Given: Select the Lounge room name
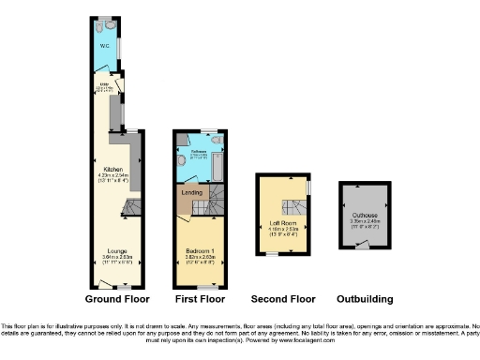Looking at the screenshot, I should [118, 252].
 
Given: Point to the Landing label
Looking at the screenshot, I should [191, 195].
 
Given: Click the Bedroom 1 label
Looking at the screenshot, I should [200, 252].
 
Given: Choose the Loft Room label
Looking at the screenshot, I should [282, 223].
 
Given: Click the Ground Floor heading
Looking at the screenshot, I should [117, 299].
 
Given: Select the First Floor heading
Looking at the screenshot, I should [200, 299].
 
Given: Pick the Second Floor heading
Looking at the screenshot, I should [282, 299].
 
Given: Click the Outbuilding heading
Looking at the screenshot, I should [365, 299].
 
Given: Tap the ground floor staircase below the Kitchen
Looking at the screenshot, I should [133, 207].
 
